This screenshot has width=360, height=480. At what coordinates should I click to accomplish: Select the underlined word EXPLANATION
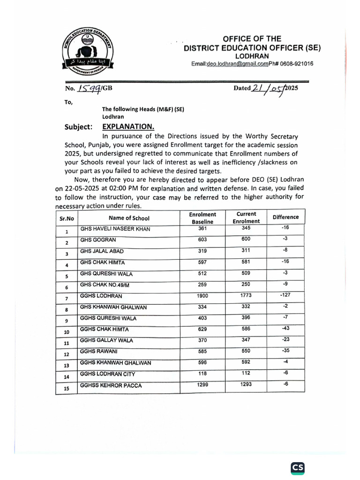(128, 127)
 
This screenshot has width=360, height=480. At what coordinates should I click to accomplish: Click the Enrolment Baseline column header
(202, 218)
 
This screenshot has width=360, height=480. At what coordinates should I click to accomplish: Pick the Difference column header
(285, 217)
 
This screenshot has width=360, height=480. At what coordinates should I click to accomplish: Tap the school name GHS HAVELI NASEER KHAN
(113, 229)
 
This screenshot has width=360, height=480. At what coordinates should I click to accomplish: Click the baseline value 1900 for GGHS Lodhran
(202, 296)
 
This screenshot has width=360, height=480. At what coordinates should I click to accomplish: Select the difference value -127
(285, 295)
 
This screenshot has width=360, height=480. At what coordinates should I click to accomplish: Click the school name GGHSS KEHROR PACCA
(111, 386)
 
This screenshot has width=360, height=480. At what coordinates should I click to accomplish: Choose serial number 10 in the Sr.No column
(67, 332)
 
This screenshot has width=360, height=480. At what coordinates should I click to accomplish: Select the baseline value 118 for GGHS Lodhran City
(202, 374)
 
